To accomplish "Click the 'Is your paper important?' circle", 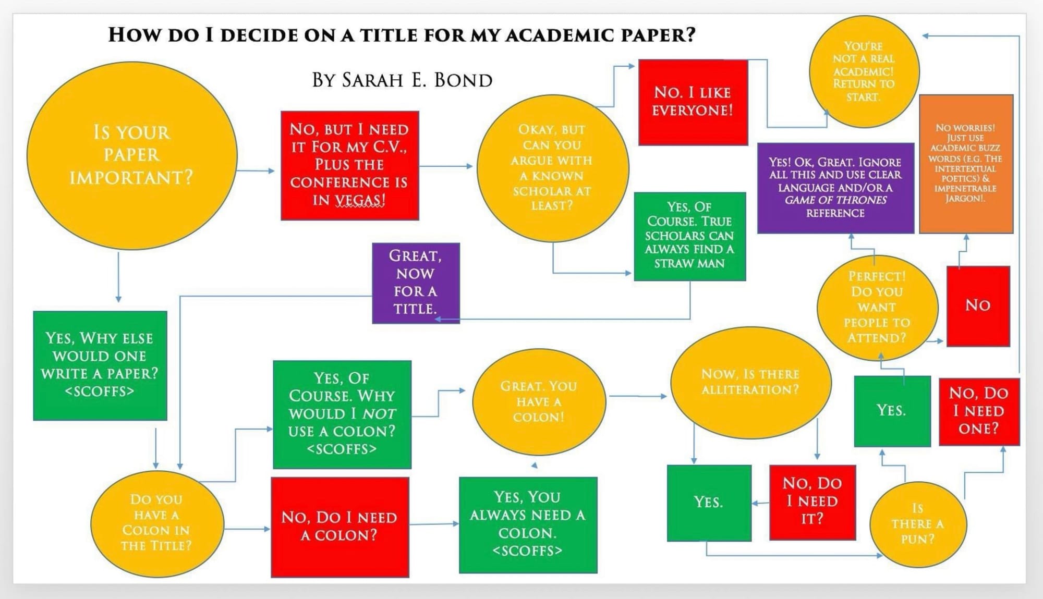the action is [x=131, y=155].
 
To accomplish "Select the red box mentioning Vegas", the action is [x=349, y=165].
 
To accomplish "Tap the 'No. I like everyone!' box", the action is [x=693, y=102].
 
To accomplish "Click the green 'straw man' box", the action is [x=689, y=236].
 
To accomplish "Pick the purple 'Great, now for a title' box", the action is [x=416, y=283].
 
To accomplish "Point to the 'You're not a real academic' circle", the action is [x=864, y=71].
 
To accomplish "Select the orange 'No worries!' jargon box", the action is [x=965, y=163].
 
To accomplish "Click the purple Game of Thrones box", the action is [x=835, y=187].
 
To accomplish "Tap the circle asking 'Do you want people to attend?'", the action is [x=877, y=307].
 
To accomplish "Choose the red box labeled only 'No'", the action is [x=978, y=305].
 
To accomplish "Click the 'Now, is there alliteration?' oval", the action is [x=750, y=382].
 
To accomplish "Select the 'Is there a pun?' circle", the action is [x=917, y=524].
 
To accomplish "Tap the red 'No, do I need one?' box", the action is [x=978, y=411].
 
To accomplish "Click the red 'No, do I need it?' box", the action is [x=812, y=502].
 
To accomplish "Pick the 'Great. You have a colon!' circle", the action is [x=539, y=401].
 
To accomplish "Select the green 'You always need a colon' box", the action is [x=528, y=524].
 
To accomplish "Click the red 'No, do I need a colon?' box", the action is [x=339, y=527].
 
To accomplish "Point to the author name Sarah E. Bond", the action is [x=402, y=80].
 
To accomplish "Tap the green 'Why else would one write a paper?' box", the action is [x=100, y=365].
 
